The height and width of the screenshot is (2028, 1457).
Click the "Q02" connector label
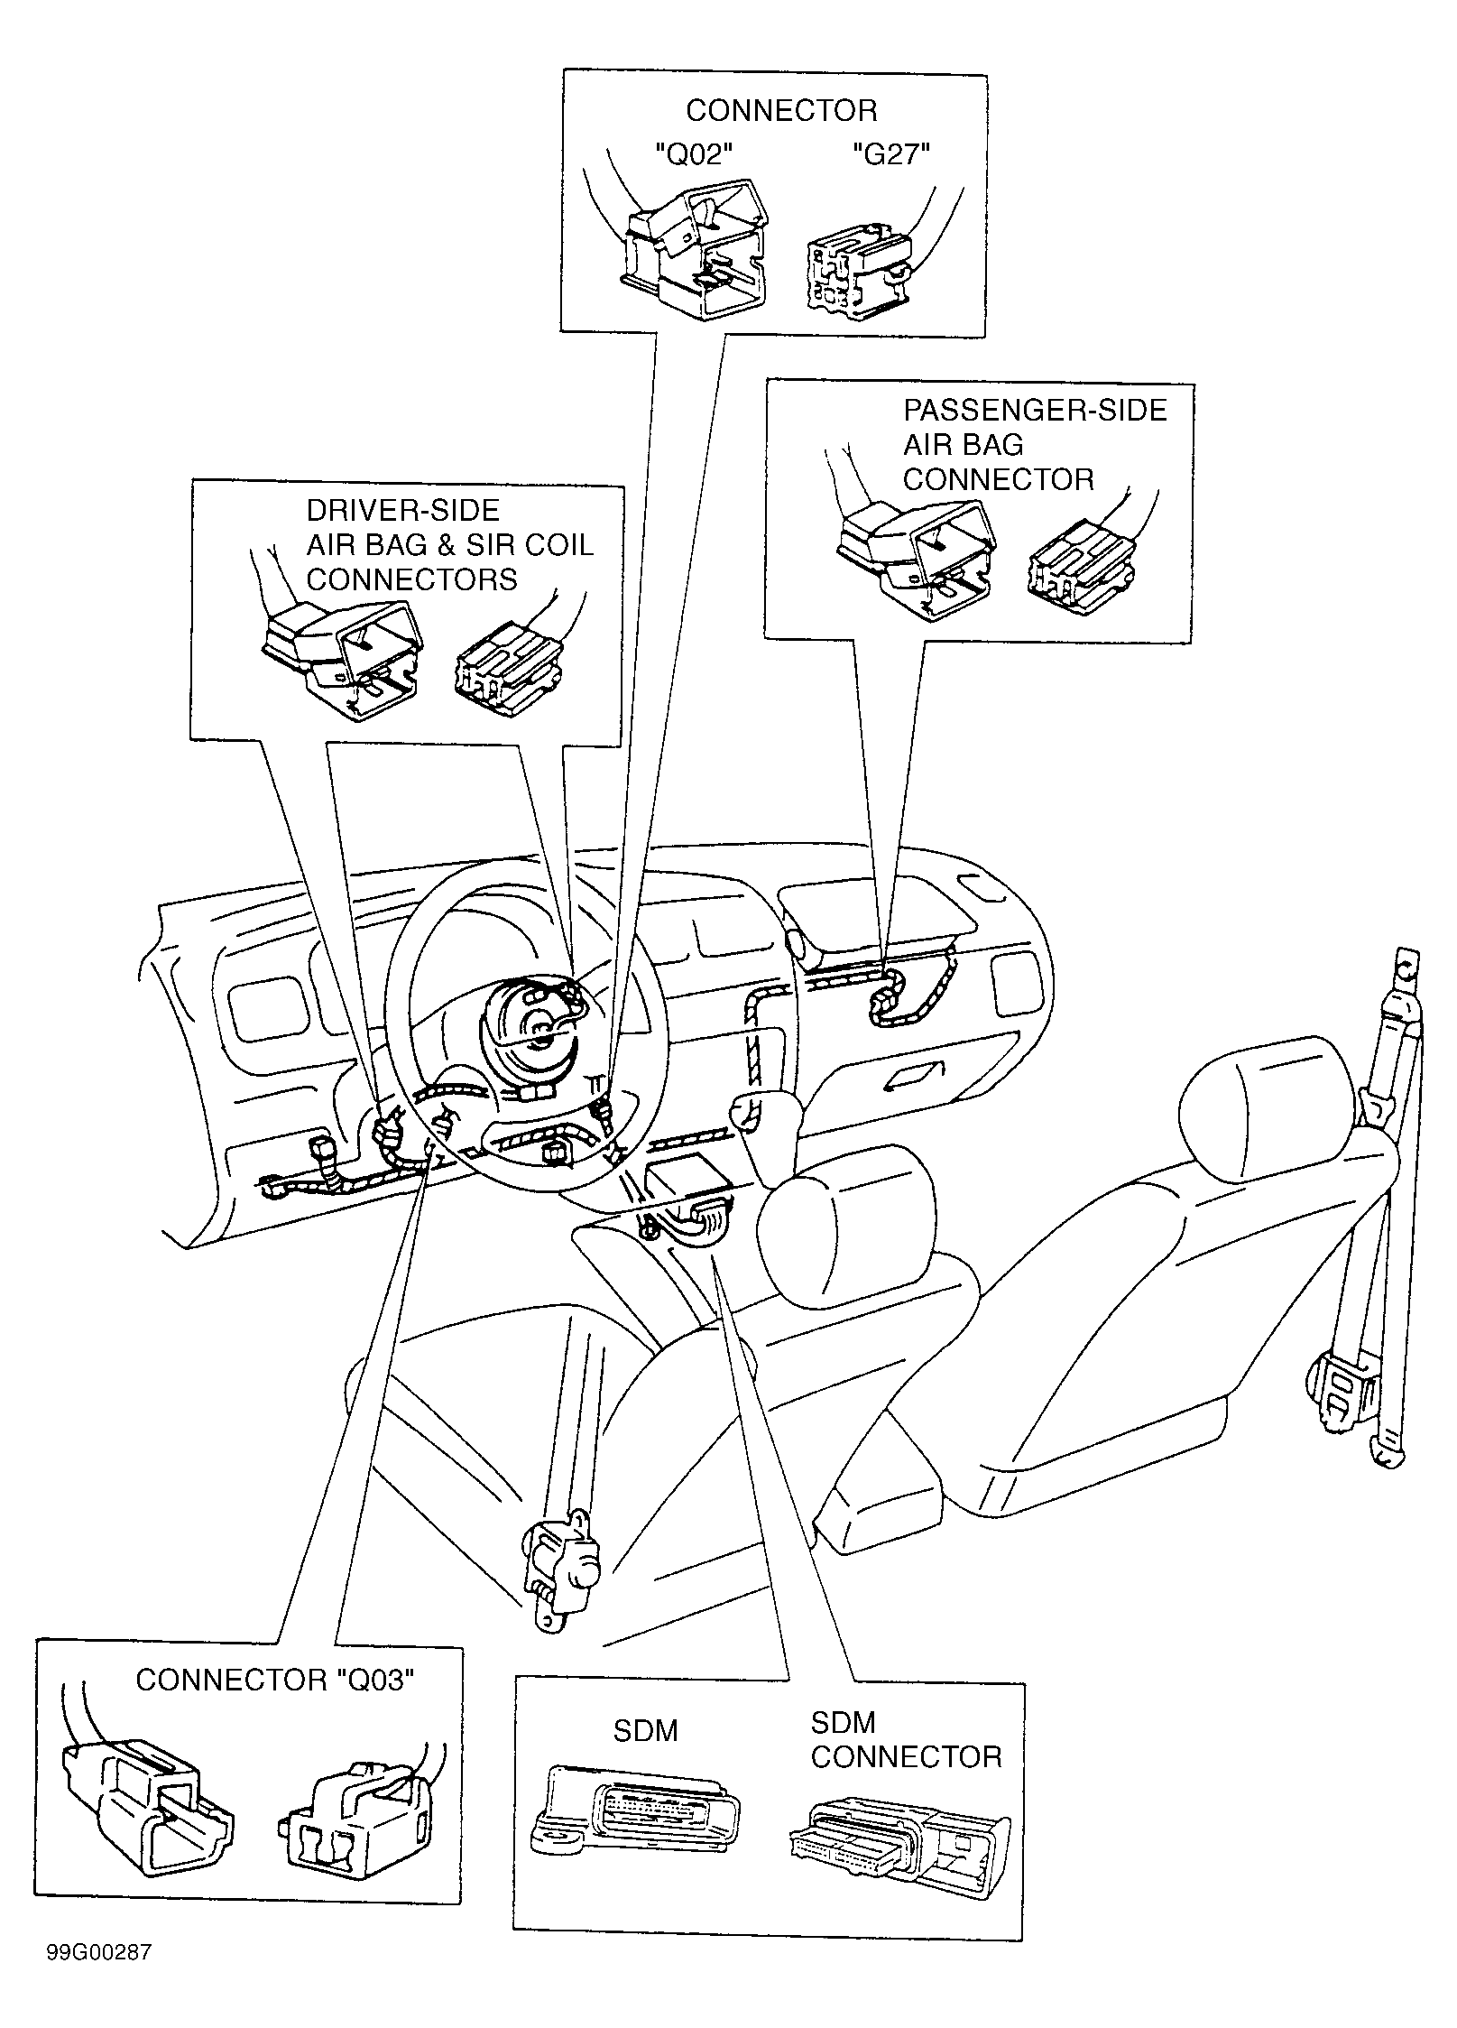point(692,155)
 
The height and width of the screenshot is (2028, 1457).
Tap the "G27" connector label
point(891,155)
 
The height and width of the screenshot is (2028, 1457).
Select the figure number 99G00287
point(99,1953)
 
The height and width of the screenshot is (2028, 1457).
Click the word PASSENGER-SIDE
point(1035,411)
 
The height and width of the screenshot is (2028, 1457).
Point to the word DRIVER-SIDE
point(402,511)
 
